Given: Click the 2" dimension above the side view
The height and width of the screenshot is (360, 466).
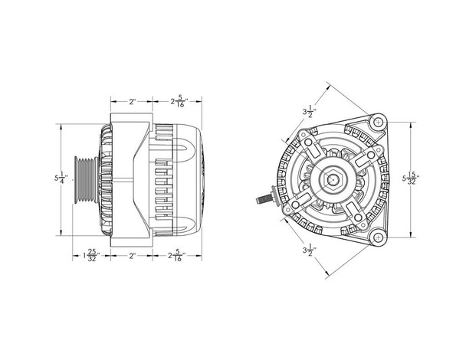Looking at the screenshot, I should (132, 100).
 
